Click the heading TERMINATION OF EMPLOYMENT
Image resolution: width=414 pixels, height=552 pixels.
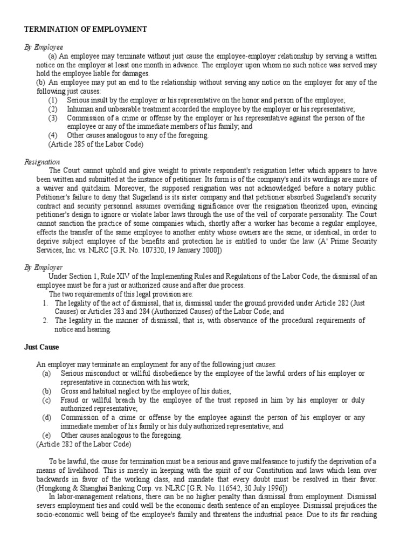click(x=86, y=30)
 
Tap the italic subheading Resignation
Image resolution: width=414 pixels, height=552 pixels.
click(x=43, y=162)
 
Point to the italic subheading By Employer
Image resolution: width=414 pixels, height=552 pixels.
click(x=44, y=267)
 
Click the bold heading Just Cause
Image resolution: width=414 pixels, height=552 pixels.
click(x=42, y=347)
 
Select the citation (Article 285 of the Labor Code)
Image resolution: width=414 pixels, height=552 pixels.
click(x=96, y=144)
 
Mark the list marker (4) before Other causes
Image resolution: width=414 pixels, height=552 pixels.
click(x=53, y=135)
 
